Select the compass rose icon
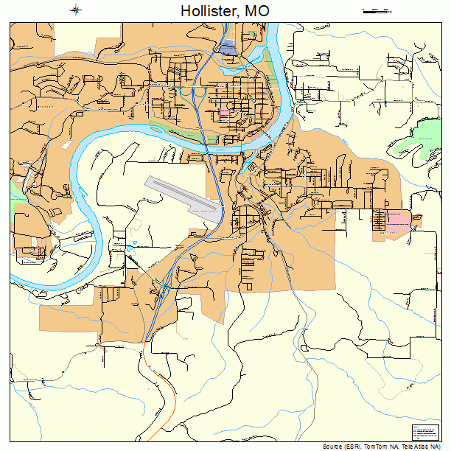point(76,10)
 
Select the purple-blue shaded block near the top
point(228,49)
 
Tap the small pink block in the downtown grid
point(223,111)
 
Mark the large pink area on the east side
point(399,219)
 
